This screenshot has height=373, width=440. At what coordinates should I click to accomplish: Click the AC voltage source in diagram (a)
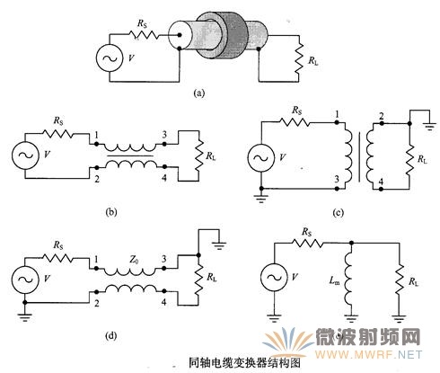[110, 58]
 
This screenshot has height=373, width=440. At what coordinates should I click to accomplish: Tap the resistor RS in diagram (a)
[145, 35]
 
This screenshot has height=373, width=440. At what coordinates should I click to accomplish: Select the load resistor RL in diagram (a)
[299, 59]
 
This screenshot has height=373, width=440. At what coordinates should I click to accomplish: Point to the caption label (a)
[199, 93]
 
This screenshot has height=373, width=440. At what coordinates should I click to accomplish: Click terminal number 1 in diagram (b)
[96, 136]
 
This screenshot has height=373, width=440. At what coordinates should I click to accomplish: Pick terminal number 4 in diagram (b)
[164, 178]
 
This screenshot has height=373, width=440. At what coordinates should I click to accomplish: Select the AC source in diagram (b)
[25, 155]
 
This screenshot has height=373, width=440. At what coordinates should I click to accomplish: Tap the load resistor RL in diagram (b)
[198, 155]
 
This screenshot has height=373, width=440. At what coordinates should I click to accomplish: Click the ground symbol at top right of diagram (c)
[430, 126]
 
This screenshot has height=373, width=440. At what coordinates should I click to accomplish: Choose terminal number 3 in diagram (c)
[337, 179]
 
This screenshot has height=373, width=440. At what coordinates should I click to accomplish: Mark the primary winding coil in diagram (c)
[348, 155]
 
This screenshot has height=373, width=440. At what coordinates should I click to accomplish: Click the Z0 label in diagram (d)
[134, 261]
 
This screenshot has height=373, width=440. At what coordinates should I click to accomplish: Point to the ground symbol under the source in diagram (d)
[25, 317]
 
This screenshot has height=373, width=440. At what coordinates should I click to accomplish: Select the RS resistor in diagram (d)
[57, 257]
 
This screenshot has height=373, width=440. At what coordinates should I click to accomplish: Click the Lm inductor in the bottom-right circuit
[348, 281]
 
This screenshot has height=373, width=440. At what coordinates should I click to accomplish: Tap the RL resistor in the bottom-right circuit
[400, 280]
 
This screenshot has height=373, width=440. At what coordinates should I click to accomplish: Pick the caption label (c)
[339, 212]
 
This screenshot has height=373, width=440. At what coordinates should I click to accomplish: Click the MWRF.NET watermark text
[368, 355]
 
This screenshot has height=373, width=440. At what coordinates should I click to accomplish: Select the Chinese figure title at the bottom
[244, 363]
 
